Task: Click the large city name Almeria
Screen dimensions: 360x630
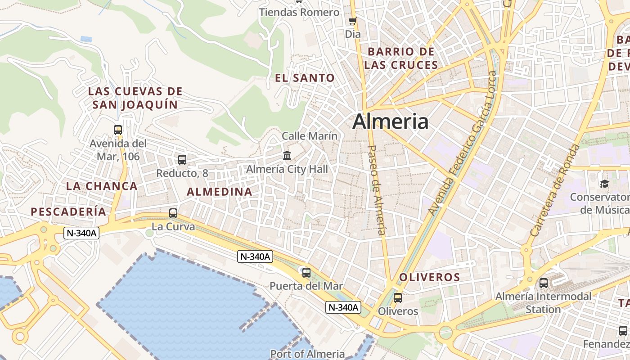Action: (390, 121)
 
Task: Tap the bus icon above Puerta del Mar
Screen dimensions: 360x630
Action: (306, 272)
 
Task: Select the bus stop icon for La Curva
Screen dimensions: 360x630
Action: (173, 213)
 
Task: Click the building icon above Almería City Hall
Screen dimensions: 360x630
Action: (287, 156)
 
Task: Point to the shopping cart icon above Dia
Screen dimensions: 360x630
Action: (353, 21)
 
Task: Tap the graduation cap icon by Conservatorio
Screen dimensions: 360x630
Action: (604, 184)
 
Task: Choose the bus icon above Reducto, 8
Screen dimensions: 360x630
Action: (182, 159)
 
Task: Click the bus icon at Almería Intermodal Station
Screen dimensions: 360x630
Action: (544, 283)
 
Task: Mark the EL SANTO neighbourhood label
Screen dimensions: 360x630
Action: (305, 78)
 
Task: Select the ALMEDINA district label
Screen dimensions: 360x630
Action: (220, 192)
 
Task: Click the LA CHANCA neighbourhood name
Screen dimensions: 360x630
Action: (102, 186)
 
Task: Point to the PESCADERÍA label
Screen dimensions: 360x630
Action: (68, 211)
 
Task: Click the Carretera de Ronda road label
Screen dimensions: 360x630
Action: (554, 190)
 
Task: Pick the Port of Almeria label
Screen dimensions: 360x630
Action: (307, 354)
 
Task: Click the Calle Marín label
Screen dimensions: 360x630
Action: (310, 135)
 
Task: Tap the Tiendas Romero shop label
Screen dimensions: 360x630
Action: (299, 13)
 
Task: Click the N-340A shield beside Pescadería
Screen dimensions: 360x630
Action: (81, 233)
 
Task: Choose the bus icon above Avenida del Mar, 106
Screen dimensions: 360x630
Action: (118, 130)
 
